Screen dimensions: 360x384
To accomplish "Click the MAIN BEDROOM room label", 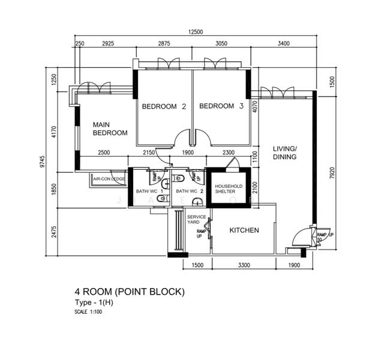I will click(x=110, y=129).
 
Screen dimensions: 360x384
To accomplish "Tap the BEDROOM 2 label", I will click(x=164, y=106).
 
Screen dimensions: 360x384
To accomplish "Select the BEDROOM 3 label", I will click(x=221, y=106).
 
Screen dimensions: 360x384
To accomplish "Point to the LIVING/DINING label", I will click(x=285, y=152).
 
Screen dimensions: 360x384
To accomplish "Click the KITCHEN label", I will click(x=244, y=230).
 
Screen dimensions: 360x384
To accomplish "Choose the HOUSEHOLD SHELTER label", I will click(x=229, y=189).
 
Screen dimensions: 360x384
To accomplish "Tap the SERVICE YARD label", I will click(x=196, y=220).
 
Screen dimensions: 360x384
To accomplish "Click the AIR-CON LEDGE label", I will click(x=109, y=179).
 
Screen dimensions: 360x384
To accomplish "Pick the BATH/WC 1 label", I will click(x=149, y=191).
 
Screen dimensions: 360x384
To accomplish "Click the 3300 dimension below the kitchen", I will click(x=244, y=265).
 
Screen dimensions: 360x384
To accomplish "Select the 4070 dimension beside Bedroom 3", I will click(x=255, y=106).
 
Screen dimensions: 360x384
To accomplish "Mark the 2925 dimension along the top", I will click(x=109, y=44).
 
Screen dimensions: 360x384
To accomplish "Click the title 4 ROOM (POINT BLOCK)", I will click(x=130, y=292).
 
